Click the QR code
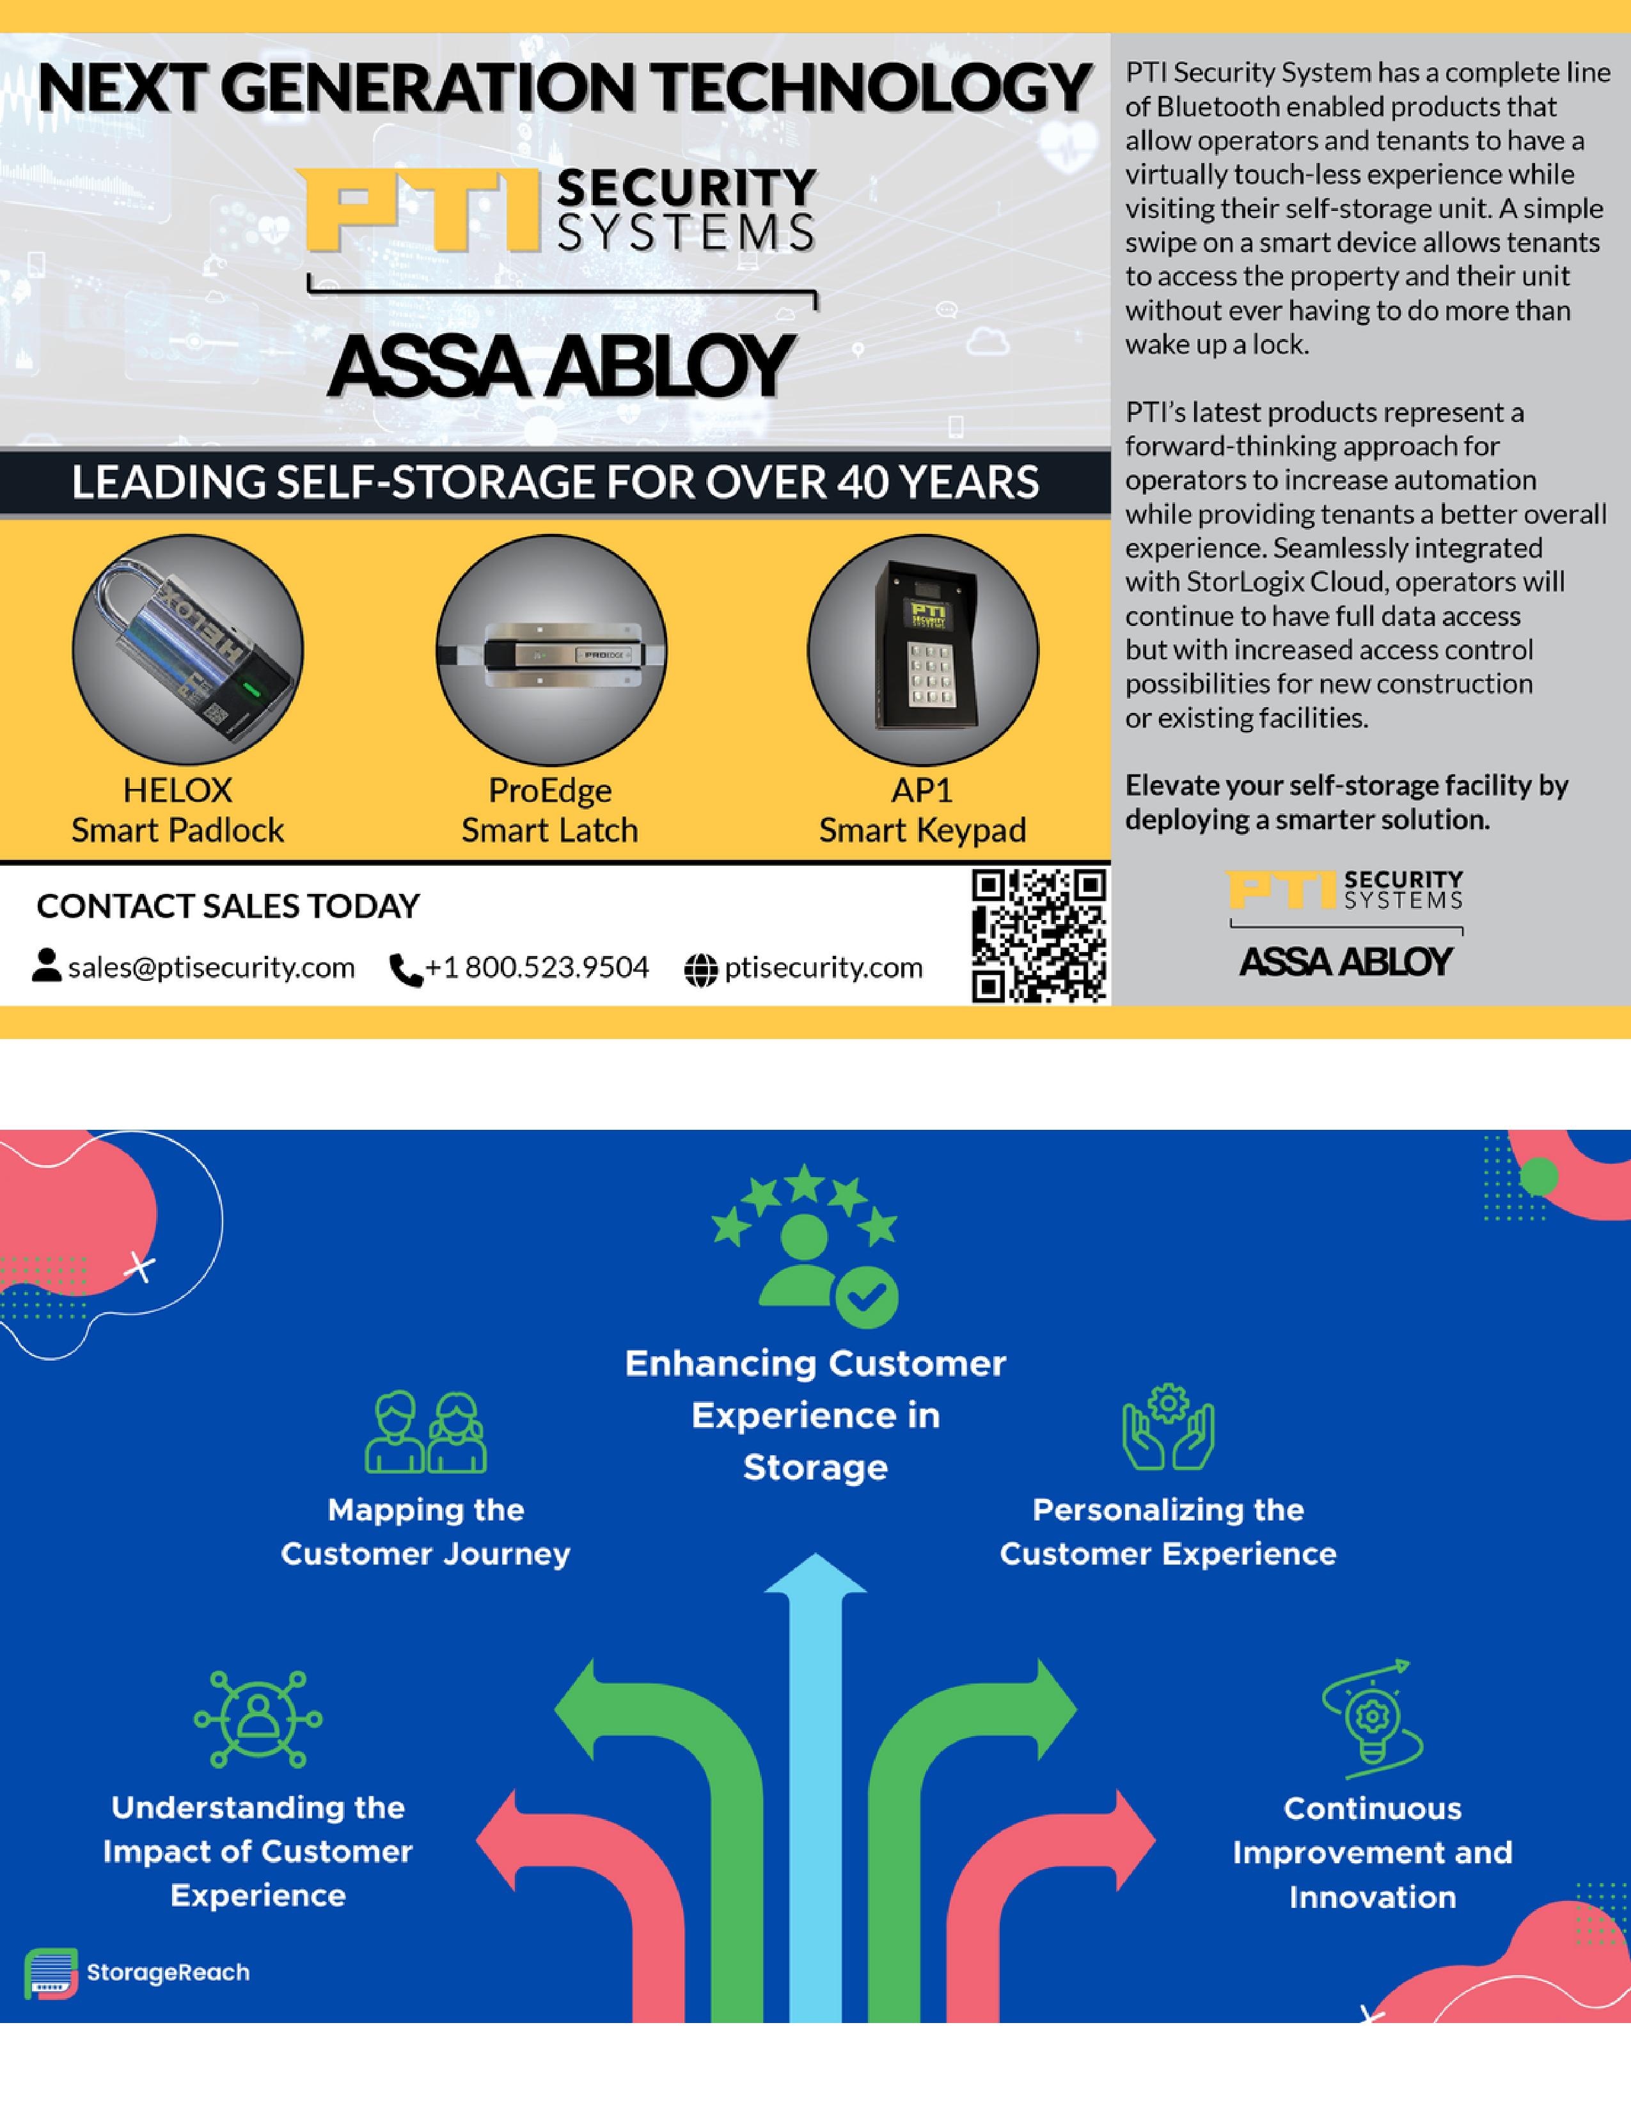click(x=1039, y=935)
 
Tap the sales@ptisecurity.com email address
click(x=210, y=968)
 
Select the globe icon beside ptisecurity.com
click(x=700, y=970)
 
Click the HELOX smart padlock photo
click(x=187, y=650)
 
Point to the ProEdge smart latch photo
click(x=551, y=651)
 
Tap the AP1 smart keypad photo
click(x=923, y=650)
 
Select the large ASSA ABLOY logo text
click(x=560, y=367)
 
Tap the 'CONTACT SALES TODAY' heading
click(x=228, y=906)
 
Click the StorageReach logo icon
click(x=51, y=1973)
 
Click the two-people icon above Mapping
click(x=425, y=1432)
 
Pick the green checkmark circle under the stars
click(x=867, y=1297)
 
